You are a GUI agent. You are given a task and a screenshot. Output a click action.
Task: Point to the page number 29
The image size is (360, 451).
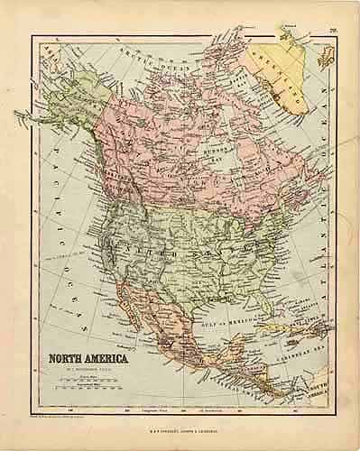click(333, 32)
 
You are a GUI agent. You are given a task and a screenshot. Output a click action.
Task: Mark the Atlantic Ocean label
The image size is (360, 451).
click(324, 162)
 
